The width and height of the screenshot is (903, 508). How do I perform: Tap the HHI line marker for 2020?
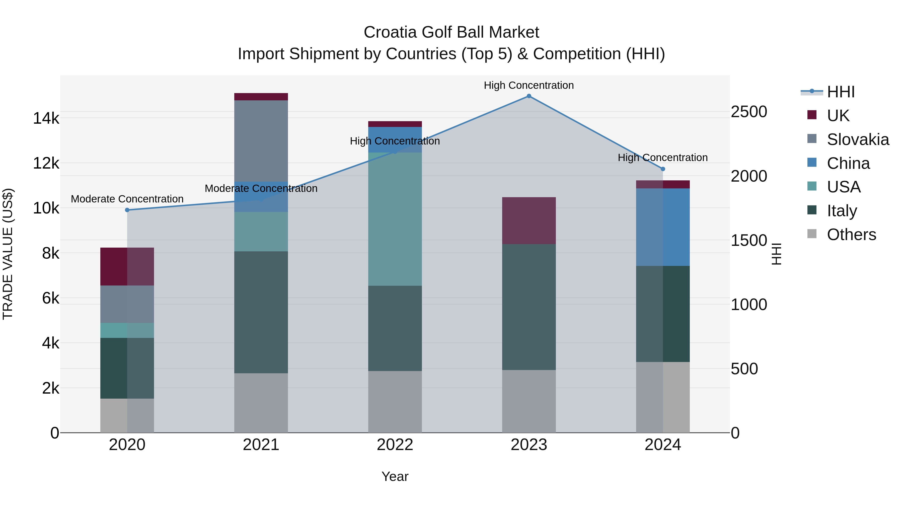[127, 210]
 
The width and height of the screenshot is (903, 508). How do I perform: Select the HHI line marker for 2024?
[662, 169]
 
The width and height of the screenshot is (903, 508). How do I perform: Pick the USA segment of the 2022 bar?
[395, 219]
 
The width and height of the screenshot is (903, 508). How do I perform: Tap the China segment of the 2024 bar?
[662, 227]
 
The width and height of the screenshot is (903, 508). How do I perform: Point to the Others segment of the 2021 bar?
[261, 403]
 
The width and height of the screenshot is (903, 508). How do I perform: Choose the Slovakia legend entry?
[857, 139]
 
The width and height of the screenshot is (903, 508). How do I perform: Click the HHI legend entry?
[840, 92]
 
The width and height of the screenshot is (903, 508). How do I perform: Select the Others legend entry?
[851, 235]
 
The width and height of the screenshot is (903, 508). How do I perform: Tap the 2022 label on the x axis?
[395, 445]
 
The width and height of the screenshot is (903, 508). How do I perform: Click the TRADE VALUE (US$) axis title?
[8, 254]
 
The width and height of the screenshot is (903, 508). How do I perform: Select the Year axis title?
[395, 476]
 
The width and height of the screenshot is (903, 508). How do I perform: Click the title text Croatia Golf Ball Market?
[451, 32]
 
